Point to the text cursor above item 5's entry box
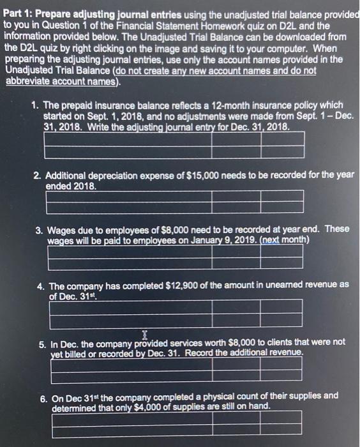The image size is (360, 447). (x=145, y=333)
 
